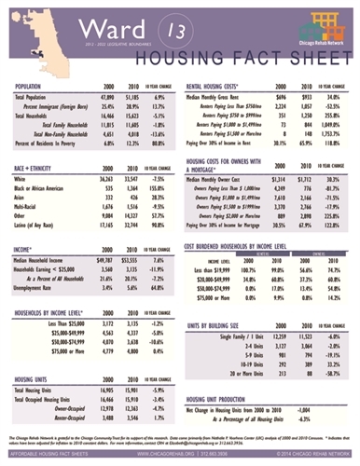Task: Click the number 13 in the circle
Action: (175, 30)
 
